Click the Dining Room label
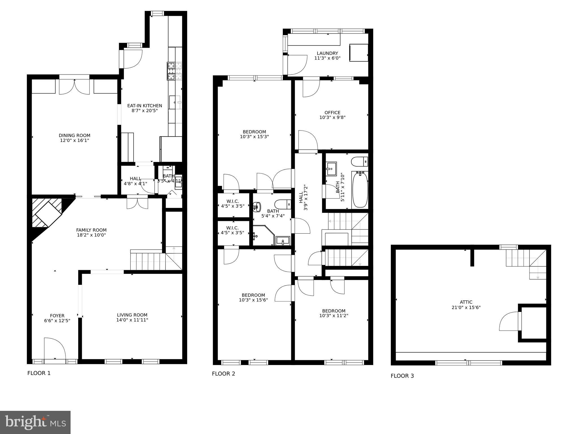point(75,135)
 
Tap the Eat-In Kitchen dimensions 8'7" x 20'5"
point(144,111)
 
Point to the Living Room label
point(132,315)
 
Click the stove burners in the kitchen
point(171,71)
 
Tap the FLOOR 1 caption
point(39,373)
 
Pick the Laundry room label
point(327,53)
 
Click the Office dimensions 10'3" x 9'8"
point(332,117)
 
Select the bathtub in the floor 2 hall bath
point(360,189)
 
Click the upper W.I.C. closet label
point(233,201)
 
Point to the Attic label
point(466,302)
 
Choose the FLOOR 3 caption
point(402,376)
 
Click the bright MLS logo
point(35,422)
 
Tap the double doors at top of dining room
point(74,87)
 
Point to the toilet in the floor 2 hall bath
point(359,162)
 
